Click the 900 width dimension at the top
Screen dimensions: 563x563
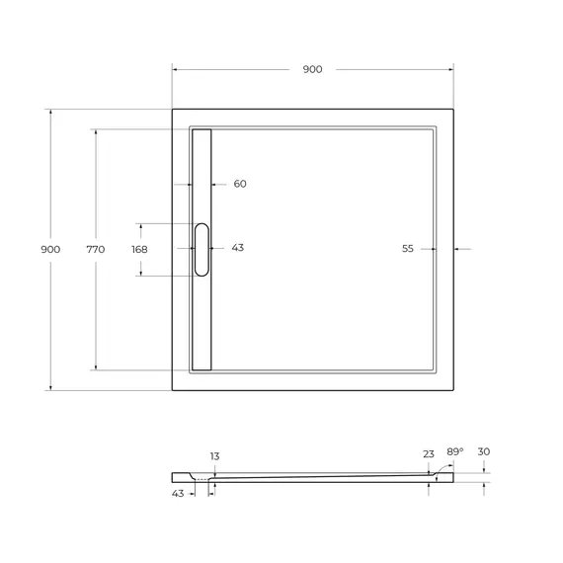(312, 69)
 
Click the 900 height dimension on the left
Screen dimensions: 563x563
(50, 249)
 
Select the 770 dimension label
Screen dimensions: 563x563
(96, 249)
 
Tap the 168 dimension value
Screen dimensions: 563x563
(139, 249)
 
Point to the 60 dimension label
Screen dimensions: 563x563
(240, 184)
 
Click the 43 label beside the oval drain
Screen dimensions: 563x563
(238, 248)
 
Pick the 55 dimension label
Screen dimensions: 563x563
(408, 249)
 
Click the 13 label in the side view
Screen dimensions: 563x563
(214, 456)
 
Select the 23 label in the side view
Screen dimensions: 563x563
(429, 454)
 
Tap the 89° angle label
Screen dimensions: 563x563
(455, 451)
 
